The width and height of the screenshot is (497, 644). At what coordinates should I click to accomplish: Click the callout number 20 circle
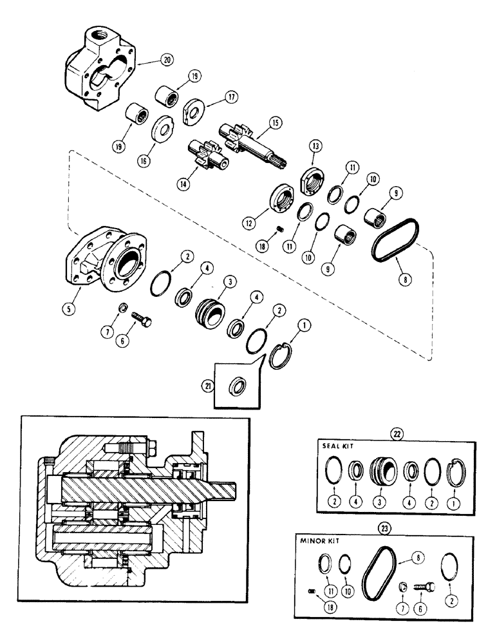click(149, 61)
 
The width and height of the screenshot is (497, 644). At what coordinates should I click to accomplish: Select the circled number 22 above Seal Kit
click(397, 433)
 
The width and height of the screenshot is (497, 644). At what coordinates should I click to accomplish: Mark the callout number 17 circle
click(230, 97)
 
